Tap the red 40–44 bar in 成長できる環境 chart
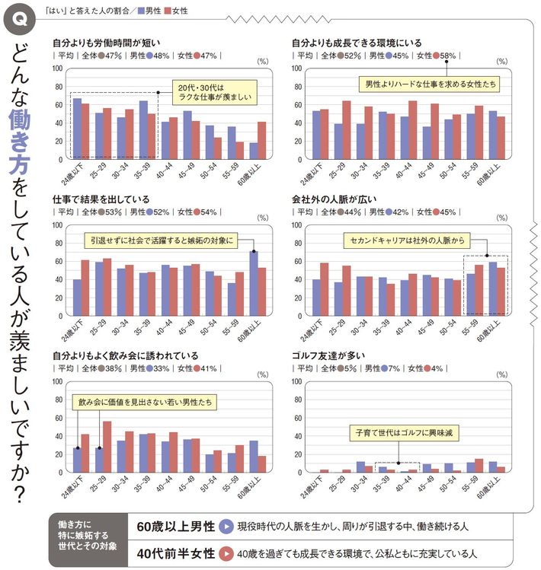click(x=412, y=129)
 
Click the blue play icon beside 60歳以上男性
click(x=226, y=525)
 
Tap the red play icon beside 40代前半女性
click(x=226, y=552)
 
